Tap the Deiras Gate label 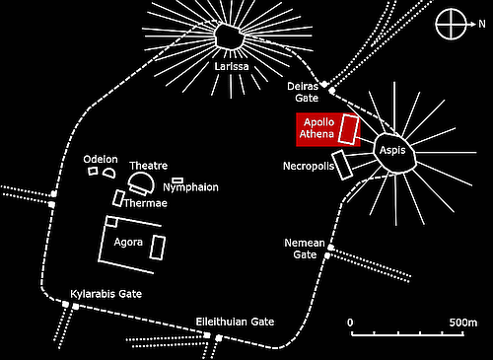click(302, 92)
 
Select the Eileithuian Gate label click(235, 323)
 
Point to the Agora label click(128, 243)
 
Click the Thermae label click(145, 203)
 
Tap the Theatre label click(150, 166)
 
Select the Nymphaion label click(190, 187)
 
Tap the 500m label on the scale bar click(461, 323)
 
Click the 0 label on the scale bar click(350, 323)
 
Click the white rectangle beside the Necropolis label click(342, 164)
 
